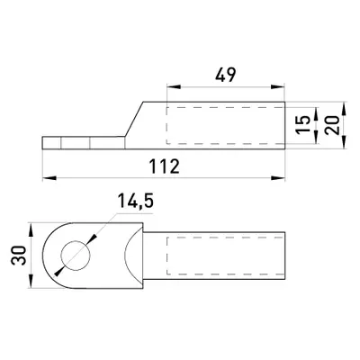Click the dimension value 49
tap(226, 75)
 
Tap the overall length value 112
tap(165, 166)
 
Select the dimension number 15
tap(303, 124)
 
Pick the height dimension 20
tap(332, 124)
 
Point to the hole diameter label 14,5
tap(135, 201)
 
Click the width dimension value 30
tap(18, 256)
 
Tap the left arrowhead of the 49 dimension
tap(174, 87)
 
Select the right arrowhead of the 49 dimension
tap(277, 87)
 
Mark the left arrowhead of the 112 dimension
tap(49, 178)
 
